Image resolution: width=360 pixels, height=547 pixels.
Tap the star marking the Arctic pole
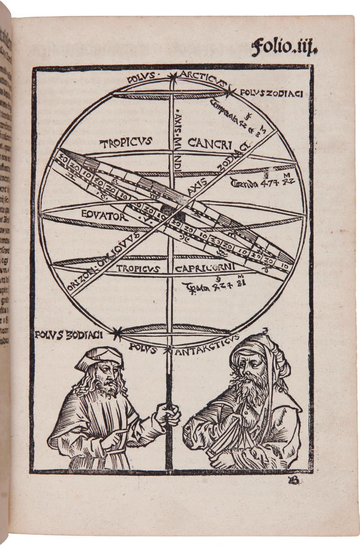pyautogui.click(x=175, y=77)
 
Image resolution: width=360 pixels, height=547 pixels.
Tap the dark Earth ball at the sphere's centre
pyautogui.click(x=167, y=209)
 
